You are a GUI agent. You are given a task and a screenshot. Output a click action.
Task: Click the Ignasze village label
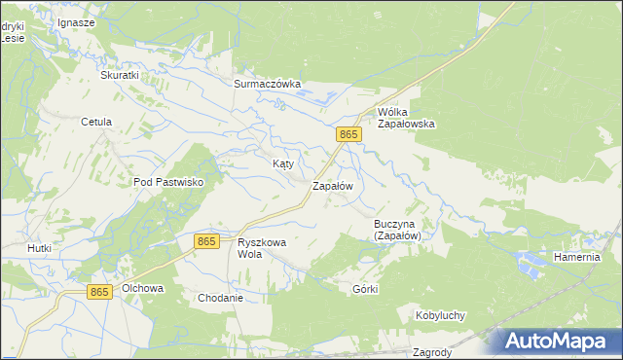point(76,21)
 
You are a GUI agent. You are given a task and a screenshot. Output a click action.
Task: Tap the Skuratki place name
point(121,74)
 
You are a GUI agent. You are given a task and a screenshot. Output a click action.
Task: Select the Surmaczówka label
point(268,84)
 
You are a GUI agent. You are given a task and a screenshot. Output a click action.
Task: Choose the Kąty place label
point(282,164)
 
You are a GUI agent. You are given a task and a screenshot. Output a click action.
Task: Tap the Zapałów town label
point(331,185)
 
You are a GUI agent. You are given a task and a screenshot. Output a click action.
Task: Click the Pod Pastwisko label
point(167,182)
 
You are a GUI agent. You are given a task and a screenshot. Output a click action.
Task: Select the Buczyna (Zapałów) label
point(397,229)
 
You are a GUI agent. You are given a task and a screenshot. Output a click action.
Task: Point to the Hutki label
point(39,248)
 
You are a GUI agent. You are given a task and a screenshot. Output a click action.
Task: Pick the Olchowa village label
point(142,289)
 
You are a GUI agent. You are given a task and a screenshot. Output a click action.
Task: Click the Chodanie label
point(219,298)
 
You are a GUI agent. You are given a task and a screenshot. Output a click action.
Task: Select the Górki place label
point(365,289)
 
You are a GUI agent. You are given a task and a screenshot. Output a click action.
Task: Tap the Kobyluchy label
point(440,315)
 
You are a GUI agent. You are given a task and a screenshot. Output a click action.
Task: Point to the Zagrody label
point(430,352)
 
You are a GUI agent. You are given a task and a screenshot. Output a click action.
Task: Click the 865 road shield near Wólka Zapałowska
point(349,133)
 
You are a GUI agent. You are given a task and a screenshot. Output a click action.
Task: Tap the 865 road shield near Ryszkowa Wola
point(206,241)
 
